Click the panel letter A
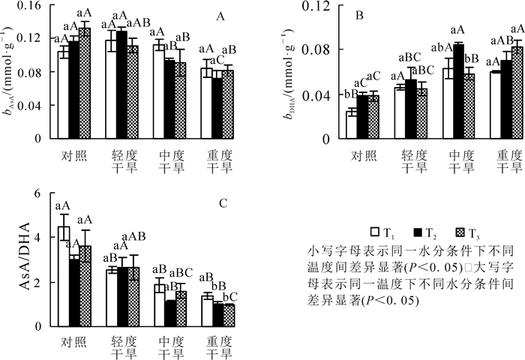click(x=220, y=16)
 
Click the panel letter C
click(x=223, y=202)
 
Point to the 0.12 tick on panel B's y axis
click(x=320, y=6)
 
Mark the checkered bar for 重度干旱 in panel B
click(x=517, y=93)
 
